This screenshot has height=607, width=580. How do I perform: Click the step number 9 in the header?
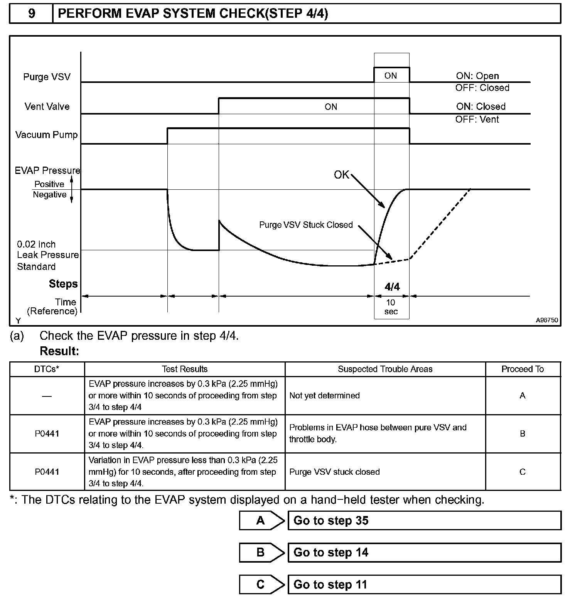tap(32, 14)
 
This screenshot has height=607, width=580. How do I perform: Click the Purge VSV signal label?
tap(47, 77)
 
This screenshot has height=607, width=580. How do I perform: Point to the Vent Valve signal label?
tap(47, 106)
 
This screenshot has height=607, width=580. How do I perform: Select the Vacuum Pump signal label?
tap(46, 135)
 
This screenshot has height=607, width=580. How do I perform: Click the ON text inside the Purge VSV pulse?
tap(391, 76)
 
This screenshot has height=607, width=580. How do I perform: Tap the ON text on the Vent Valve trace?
tap(331, 107)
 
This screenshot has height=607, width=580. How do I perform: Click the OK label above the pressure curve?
tap(341, 175)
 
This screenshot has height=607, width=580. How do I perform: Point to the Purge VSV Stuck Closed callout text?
tap(306, 225)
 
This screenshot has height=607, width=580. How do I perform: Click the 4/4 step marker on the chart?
tap(392, 287)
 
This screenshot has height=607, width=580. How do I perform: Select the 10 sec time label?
tap(391, 307)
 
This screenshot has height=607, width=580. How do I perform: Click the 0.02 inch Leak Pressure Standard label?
tap(47, 255)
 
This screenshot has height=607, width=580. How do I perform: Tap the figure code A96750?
tap(546, 320)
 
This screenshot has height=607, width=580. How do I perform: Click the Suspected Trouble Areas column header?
tap(385, 369)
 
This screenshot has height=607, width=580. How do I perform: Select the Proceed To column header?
tap(523, 369)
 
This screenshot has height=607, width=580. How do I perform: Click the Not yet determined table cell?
tap(324, 396)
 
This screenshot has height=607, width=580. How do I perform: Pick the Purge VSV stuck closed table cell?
tap(334, 472)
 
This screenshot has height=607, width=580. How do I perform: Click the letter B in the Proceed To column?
tap(523, 434)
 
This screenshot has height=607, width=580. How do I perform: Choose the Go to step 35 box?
tap(424, 521)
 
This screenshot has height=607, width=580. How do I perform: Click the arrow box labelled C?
tap(261, 585)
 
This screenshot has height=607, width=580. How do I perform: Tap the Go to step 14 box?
tap(424, 553)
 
